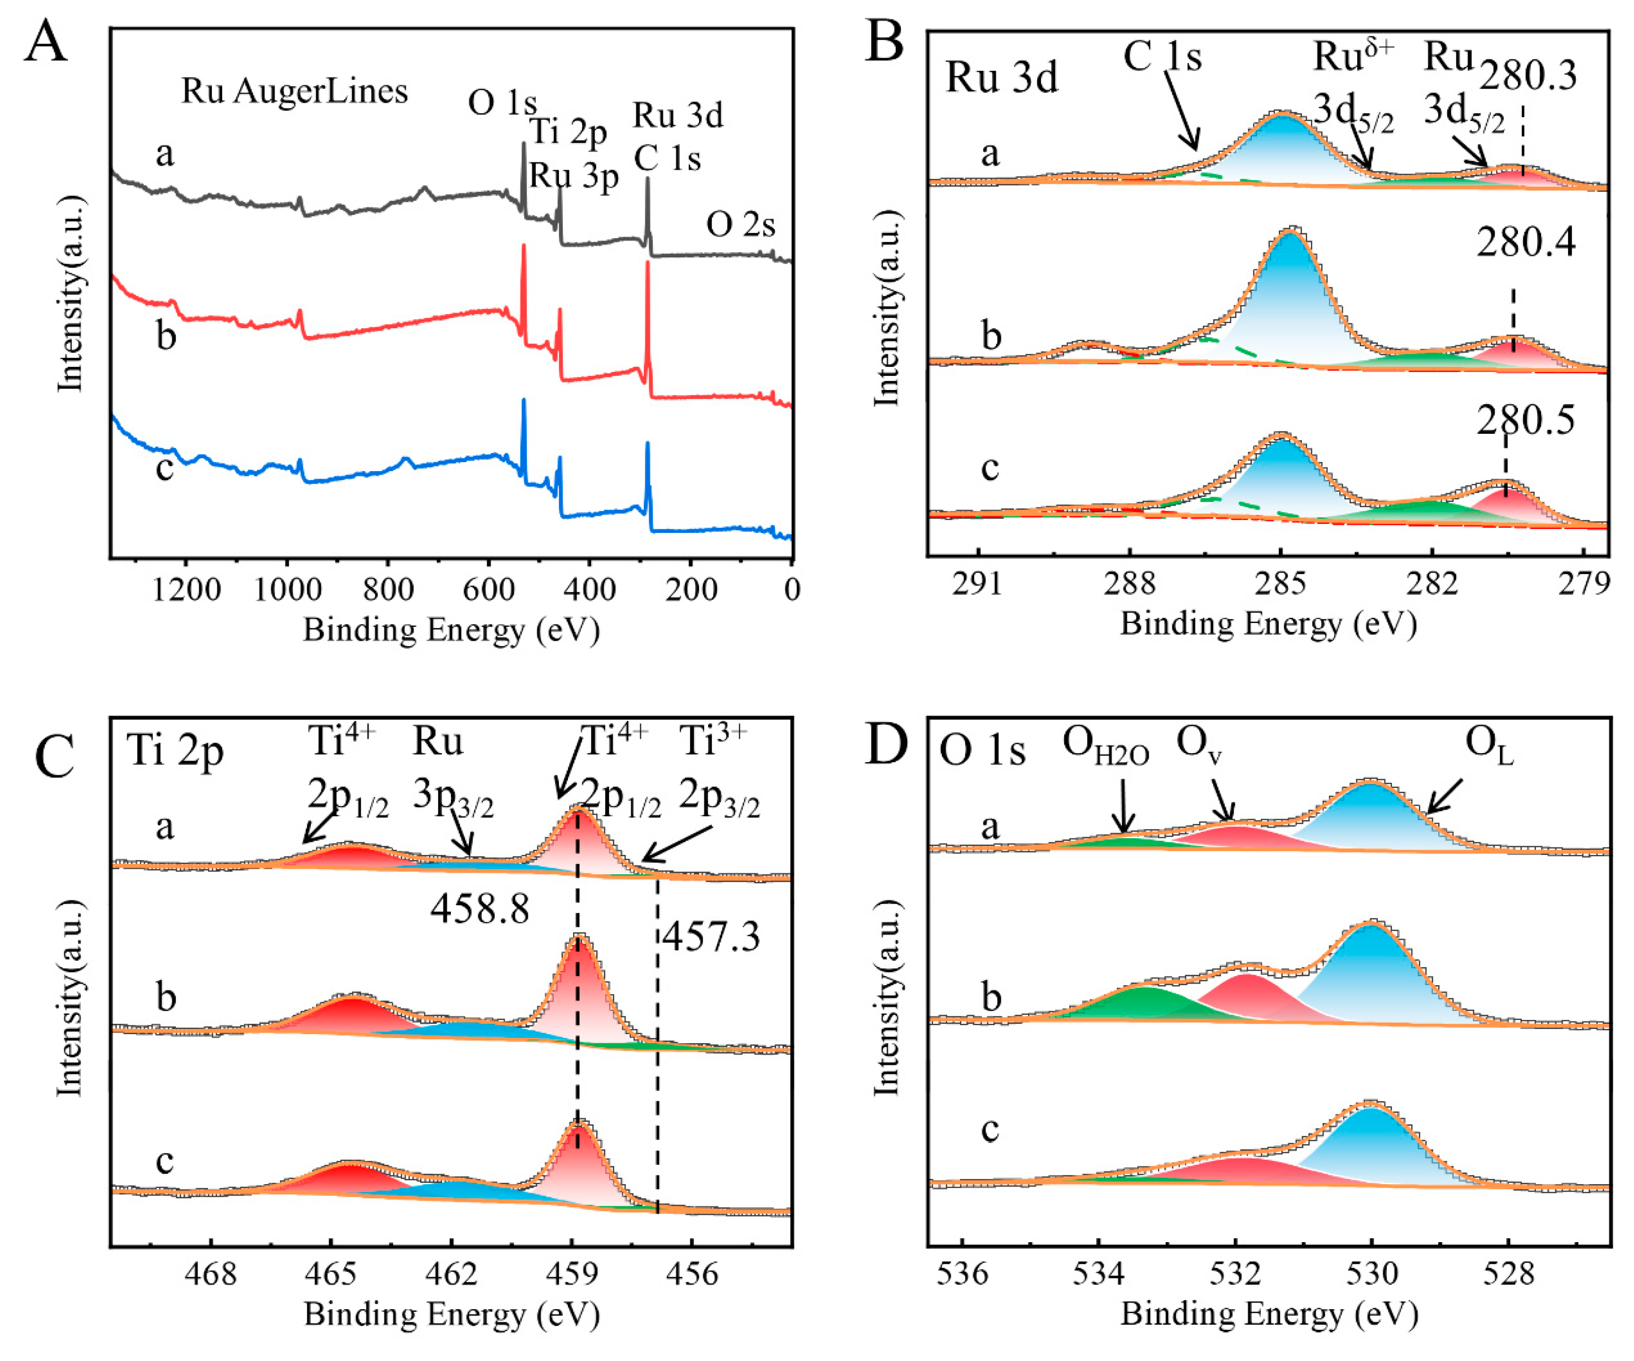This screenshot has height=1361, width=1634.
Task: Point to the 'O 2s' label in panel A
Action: (x=740, y=225)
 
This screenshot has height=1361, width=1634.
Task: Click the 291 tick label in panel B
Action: (x=978, y=583)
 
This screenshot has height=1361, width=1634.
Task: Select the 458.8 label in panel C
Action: (x=480, y=908)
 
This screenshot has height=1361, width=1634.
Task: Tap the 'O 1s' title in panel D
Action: (x=982, y=752)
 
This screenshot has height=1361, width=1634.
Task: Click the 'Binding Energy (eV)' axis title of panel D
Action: (x=1269, y=1314)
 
